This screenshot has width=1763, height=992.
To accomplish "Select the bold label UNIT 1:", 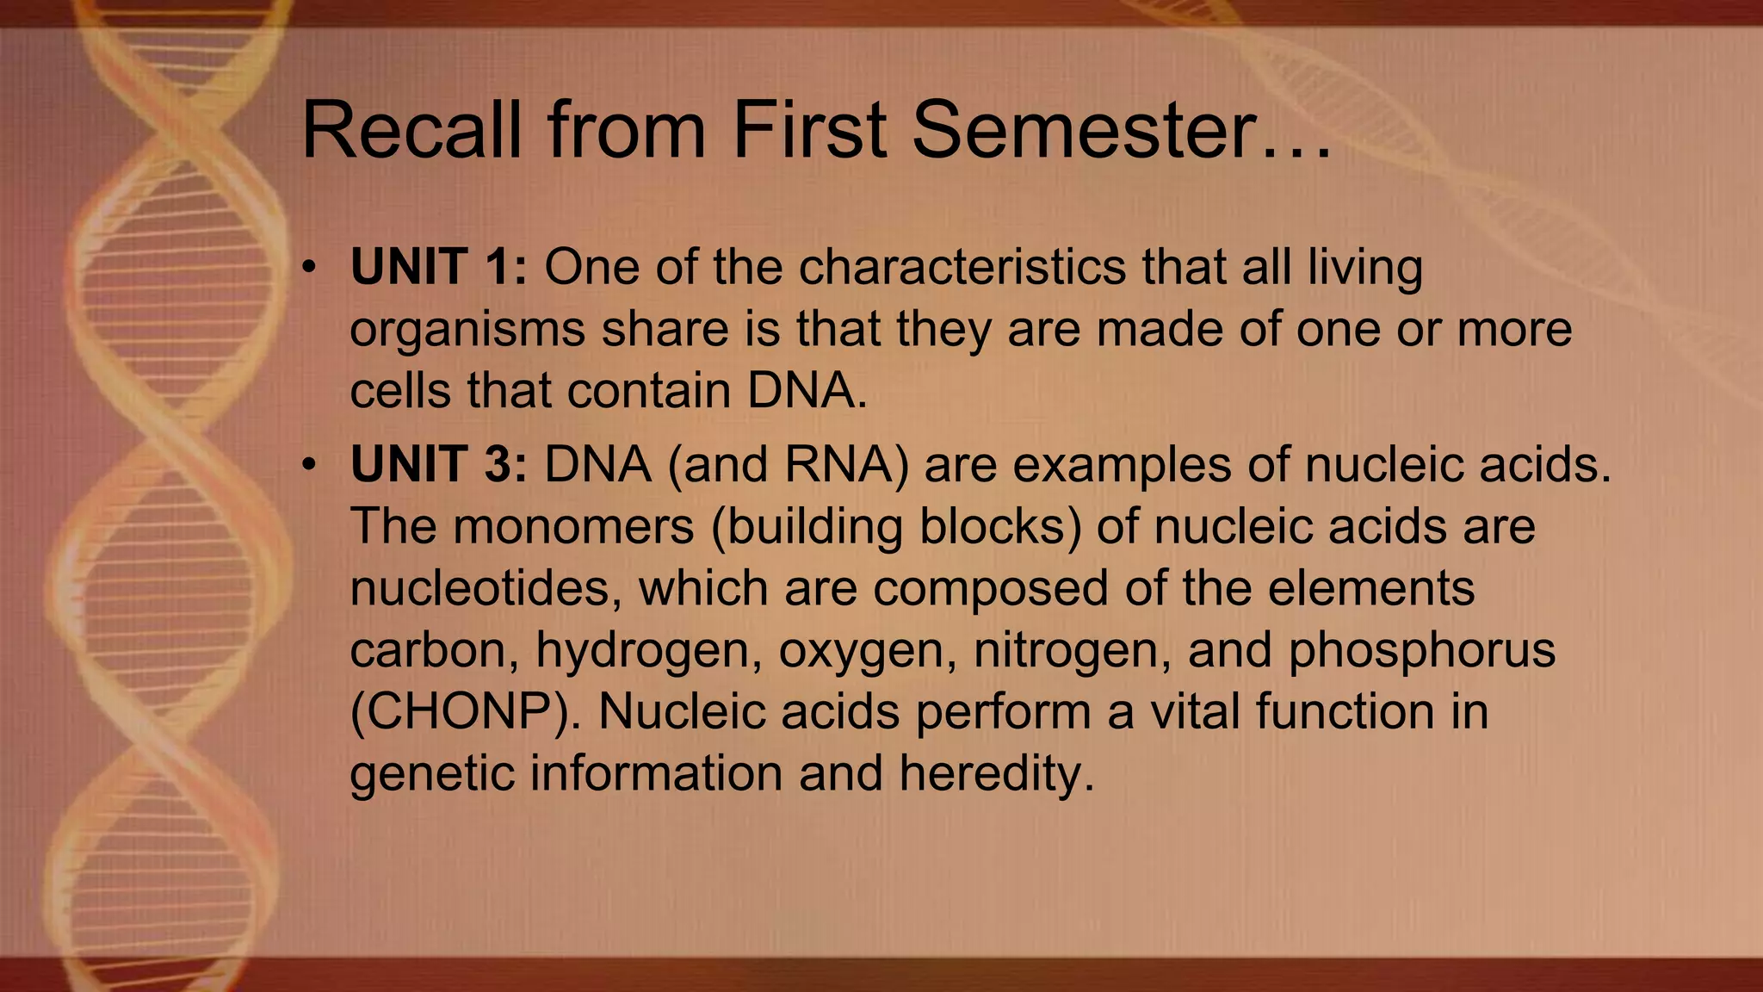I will pyautogui.click(x=438, y=267).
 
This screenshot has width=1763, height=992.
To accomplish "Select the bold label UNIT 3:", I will pyautogui.click(x=438, y=465).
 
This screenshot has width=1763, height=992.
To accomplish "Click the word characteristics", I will pyautogui.click(x=962, y=267).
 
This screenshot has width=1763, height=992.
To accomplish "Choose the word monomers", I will pyautogui.click(x=573, y=526).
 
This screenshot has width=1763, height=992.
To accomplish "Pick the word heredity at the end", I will pyautogui.click(x=996, y=773).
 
